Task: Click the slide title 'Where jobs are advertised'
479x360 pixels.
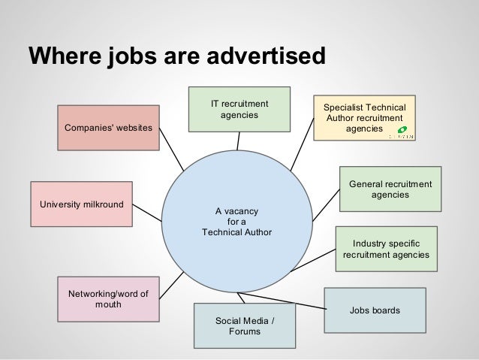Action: tap(177, 56)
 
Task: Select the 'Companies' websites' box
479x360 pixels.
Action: tap(108, 127)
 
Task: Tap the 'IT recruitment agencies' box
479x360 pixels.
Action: tap(239, 109)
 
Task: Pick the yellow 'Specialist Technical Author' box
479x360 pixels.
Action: tap(364, 118)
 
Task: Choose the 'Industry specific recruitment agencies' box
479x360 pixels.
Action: tap(386, 249)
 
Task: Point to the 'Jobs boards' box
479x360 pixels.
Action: tap(375, 310)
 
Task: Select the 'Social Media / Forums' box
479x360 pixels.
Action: tap(245, 325)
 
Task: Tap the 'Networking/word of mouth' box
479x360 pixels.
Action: tap(108, 299)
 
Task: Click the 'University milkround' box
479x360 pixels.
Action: tap(81, 204)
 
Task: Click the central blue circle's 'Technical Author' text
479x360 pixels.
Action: tap(236, 232)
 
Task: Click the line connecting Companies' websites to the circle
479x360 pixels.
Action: tap(170, 157)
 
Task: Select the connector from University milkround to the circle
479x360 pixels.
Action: tap(147, 213)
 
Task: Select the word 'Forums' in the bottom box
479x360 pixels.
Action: tap(245, 331)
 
